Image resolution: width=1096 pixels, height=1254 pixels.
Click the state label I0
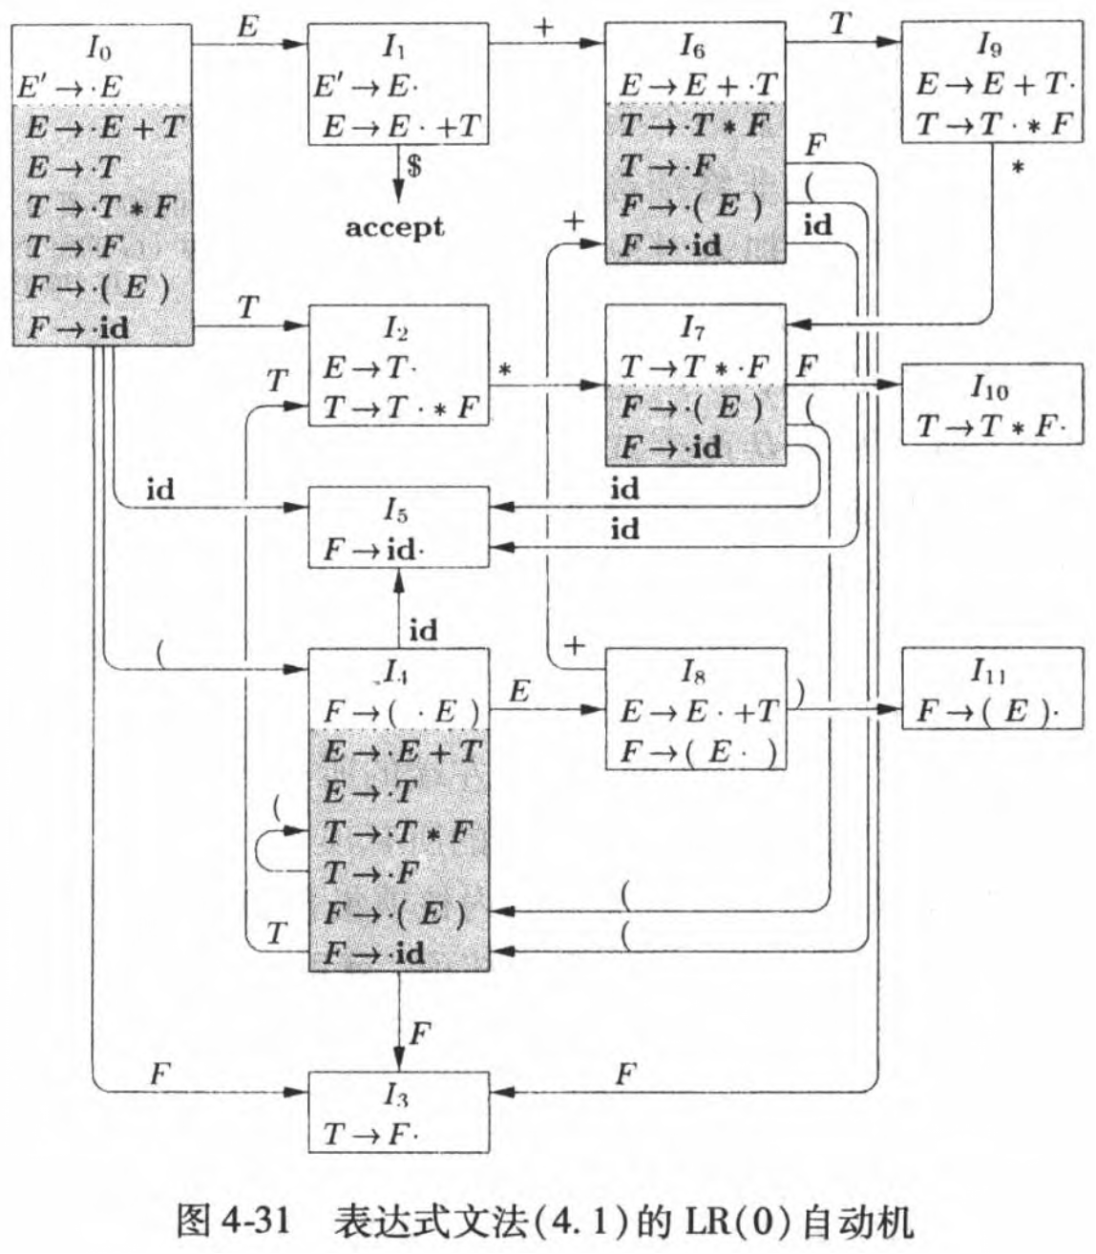point(98,48)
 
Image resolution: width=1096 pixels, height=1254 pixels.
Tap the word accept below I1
point(394,227)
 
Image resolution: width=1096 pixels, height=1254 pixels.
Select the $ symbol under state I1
point(414,166)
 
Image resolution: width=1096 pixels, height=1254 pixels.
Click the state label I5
point(396,511)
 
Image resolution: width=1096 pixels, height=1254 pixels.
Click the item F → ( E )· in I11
point(988,712)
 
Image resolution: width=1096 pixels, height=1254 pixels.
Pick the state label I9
point(989,43)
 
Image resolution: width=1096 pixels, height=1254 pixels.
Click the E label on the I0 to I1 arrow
point(247,26)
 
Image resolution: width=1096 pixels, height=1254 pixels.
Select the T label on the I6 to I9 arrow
point(839,24)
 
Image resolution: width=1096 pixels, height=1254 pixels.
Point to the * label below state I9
point(1018,169)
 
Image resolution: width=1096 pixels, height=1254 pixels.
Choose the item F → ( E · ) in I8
point(698,752)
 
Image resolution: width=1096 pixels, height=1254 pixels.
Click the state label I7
point(693,329)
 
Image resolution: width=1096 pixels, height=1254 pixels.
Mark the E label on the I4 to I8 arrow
point(519,691)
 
